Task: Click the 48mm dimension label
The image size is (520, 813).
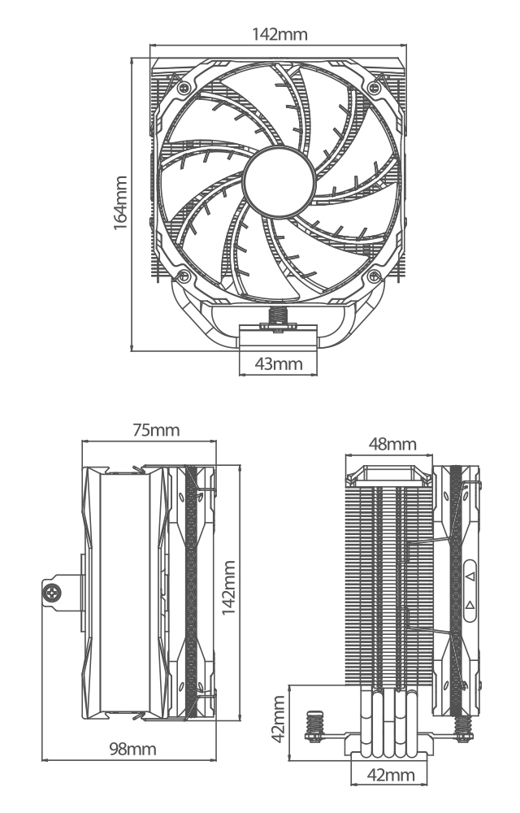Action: pos(392,444)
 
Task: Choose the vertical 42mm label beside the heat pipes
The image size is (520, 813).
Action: pos(279,716)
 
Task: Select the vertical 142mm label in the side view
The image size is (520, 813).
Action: pos(230,588)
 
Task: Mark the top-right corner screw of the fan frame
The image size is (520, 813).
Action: pos(375,85)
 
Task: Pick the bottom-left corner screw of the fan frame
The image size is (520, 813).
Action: pos(185,276)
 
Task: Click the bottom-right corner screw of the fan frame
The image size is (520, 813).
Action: pos(375,276)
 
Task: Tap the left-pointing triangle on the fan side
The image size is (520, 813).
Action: pos(470,576)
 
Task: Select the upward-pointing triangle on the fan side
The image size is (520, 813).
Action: pos(470,606)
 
